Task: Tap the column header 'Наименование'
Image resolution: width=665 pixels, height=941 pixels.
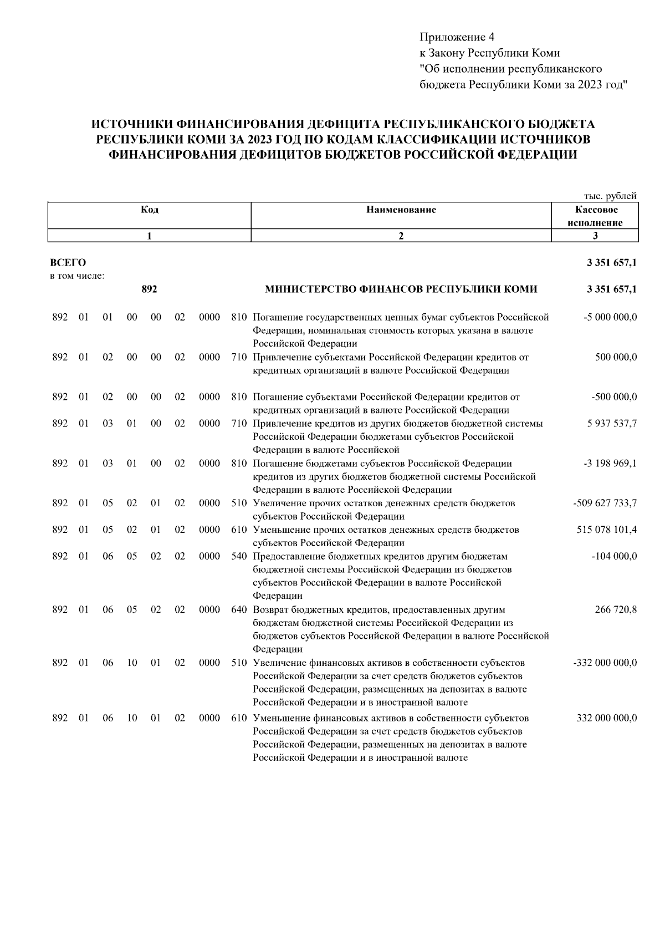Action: (401, 210)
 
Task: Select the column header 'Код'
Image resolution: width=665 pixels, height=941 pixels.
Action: (149, 210)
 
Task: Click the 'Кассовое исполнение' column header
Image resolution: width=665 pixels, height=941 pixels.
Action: (595, 216)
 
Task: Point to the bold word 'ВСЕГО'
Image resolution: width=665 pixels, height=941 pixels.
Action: (68, 262)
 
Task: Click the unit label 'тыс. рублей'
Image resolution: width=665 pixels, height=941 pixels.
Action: (610, 196)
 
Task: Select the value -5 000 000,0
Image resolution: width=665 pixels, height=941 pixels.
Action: (610, 317)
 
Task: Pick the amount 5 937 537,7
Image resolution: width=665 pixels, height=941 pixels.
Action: (612, 424)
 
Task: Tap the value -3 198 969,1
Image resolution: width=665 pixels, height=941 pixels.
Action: (610, 464)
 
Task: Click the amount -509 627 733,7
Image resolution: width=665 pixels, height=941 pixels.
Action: (605, 503)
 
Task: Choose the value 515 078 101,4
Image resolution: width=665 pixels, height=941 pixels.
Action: (607, 530)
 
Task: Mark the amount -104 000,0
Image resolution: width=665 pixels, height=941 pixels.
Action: (614, 557)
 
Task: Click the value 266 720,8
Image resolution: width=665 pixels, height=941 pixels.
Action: (616, 610)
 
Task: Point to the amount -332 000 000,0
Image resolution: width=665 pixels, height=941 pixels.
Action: (605, 663)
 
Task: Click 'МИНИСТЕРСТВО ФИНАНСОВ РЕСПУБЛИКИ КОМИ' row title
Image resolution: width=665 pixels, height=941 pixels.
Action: (401, 289)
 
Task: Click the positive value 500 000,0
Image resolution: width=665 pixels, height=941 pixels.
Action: (616, 358)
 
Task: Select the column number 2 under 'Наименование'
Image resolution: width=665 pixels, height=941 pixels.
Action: (401, 236)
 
